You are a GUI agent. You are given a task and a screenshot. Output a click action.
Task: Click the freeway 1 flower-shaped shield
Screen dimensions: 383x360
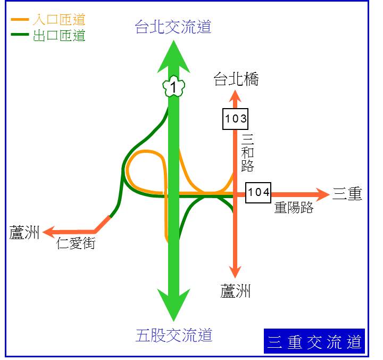(x=173, y=86)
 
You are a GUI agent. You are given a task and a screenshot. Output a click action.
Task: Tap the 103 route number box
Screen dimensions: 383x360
(x=236, y=119)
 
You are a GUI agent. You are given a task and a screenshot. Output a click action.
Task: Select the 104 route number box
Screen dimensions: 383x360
(x=258, y=192)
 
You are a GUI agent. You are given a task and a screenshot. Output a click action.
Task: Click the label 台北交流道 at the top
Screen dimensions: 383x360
(x=173, y=27)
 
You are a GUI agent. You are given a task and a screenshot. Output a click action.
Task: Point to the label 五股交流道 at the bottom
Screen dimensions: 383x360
(x=173, y=335)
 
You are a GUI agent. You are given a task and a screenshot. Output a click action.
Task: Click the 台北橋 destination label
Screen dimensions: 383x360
(x=236, y=79)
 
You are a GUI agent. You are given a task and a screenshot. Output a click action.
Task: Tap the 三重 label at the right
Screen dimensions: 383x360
(x=347, y=193)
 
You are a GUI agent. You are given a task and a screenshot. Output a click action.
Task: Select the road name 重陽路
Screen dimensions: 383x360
(x=294, y=207)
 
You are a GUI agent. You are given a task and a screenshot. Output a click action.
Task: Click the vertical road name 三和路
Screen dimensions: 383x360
(x=247, y=153)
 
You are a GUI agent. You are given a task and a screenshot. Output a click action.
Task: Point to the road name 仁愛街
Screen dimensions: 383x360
(x=76, y=243)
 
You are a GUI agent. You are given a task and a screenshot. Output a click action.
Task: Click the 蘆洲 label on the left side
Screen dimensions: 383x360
(x=24, y=232)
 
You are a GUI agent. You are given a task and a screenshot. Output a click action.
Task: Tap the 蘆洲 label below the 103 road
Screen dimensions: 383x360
(x=235, y=291)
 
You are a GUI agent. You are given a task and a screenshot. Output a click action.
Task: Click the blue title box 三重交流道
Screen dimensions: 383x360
(x=314, y=341)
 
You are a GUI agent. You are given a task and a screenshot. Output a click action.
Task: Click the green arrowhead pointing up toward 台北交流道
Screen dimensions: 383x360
(x=173, y=57)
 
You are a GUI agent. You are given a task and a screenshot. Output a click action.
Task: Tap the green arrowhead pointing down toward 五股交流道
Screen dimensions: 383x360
(x=173, y=305)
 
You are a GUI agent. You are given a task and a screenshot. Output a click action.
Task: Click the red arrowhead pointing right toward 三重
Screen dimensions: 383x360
(x=323, y=195)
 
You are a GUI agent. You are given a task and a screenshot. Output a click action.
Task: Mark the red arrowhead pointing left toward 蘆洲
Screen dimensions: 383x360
(x=49, y=232)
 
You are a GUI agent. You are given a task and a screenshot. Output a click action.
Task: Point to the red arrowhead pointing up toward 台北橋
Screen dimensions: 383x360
(x=235, y=96)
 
